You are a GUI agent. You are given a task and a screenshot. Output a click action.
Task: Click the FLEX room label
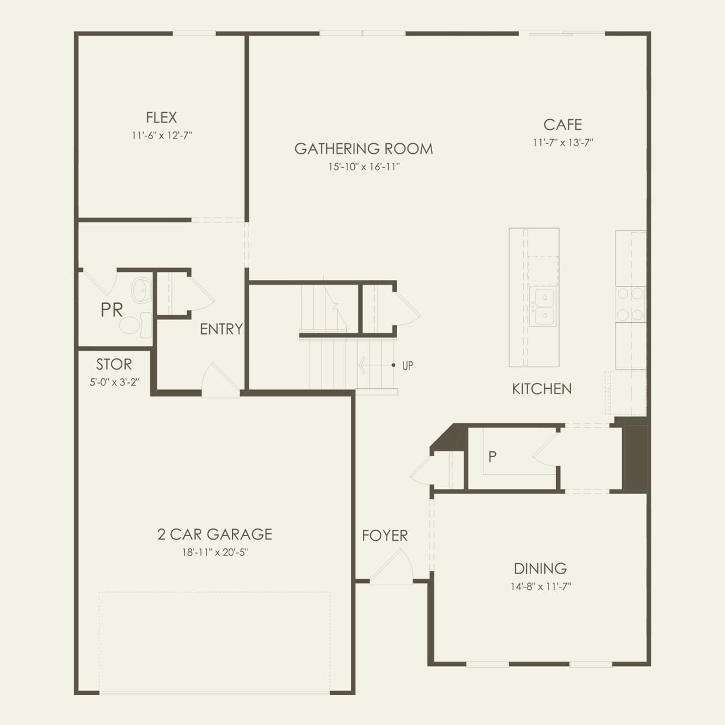pos(161,118)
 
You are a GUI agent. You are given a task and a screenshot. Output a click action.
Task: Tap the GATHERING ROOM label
pos(364,149)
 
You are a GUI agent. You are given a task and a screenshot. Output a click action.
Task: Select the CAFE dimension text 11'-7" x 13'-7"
pos(562,143)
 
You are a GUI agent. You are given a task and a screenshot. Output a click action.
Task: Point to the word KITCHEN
pos(542,389)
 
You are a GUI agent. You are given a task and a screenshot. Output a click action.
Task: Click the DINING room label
pos(540,568)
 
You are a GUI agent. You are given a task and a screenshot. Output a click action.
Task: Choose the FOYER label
pos(385,536)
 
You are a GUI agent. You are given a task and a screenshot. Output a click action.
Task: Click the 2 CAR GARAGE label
pos(215,534)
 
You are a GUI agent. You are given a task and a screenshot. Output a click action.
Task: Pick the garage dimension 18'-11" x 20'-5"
pos(215,553)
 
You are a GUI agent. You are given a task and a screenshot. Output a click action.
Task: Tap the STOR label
pos(114,365)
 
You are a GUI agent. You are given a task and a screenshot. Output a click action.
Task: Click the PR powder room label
pos(112,310)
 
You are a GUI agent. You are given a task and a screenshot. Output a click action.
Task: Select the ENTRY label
pos(221,330)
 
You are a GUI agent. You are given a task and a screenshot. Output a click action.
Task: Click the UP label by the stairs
pos(408,366)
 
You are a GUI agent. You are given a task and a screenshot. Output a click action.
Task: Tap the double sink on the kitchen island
pos(543,306)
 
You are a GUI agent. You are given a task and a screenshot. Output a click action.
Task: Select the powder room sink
pos(141,290)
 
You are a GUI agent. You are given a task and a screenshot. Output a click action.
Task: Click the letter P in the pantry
pos(492,457)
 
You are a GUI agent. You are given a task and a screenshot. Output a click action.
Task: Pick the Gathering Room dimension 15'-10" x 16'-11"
pos(364,167)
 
